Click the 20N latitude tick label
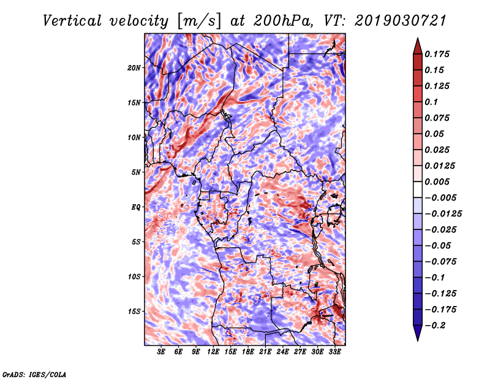tap(134, 68)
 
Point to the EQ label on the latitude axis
tap(136, 207)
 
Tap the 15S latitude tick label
tap(134, 312)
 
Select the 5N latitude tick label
tap(136, 172)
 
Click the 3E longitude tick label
tap(161, 351)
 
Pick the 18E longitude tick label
tap(248, 351)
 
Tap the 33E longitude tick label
tap(334, 351)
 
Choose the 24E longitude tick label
tap(282, 351)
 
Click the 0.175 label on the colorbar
tap(437, 54)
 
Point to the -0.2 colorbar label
tap(435, 326)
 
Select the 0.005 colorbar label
tap(437, 182)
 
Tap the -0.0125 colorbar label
tap(443, 214)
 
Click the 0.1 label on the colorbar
tap(431, 102)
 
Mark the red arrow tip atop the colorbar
tap(418, 38)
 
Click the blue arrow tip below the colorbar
tap(418, 340)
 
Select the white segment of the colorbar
tap(418, 189)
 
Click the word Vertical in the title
tap(72, 21)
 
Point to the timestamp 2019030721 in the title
tap(401, 21)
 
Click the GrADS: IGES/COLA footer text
tap(34, 374)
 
